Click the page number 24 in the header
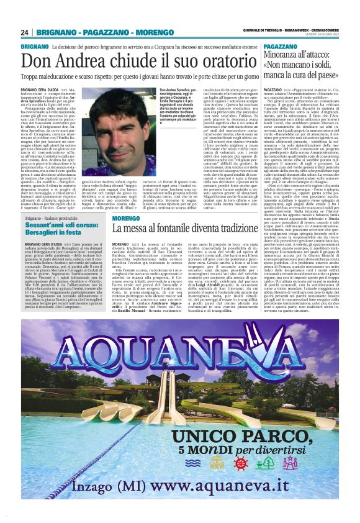click(25, 32)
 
